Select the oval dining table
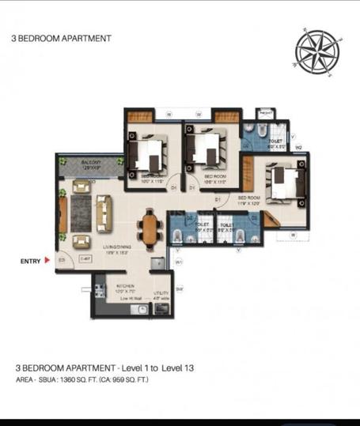tap(149, 228)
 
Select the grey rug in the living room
tap(80, 210)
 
